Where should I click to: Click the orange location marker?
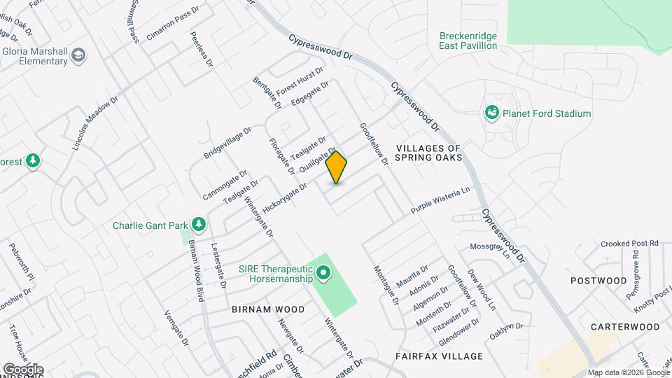tap(337, 167)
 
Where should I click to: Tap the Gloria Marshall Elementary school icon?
tap(79, 55)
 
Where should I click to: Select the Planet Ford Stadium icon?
tap(492, 113)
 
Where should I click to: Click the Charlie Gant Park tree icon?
tap(199, 225)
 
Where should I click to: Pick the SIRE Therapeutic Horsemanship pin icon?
tap(323, 273)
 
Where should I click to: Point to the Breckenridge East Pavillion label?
tap(468, 41)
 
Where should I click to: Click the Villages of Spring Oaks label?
tap(428, 153)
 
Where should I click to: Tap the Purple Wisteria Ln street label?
tap(440, 200)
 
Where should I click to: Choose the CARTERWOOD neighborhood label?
tap(625, 327)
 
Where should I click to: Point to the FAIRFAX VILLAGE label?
tap(439, 356)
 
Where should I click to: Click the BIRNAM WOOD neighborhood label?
tap(268, 309)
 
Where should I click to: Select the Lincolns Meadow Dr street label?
tap(95, 124)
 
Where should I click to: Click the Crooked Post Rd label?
tap(630, 243)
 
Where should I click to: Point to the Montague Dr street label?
tap(386, 285)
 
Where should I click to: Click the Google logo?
tap(22, 369)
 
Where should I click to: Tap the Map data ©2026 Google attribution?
tap(628, 373)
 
